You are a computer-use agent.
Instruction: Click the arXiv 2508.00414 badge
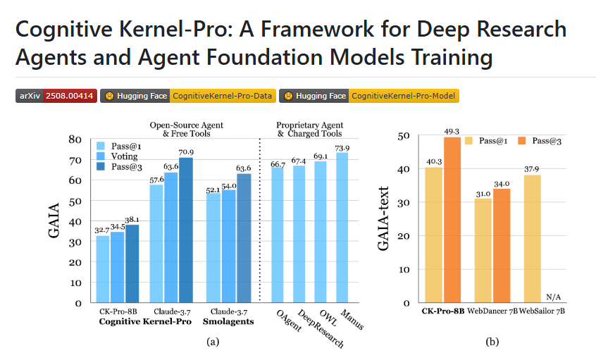pyautogui.click(x=56, y=96)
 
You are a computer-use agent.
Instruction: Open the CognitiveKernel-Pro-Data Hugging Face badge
pyautogui.click(x=187, y=96)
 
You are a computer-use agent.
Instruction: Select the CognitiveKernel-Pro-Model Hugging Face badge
pyautogui.click(x=368, y=96)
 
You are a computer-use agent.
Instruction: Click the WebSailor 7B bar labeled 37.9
pyautogui.click(x=533, y=239)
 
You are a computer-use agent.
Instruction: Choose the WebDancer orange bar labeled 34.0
pyautogui.click(x=502, y=246)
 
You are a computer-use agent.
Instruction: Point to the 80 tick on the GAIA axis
pyautogui.click(x=73, y=139)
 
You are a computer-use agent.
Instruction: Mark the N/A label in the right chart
pyautogui.click(x=554, y=296)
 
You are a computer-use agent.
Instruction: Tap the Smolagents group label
pyautogui.click(x=228, y=321)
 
